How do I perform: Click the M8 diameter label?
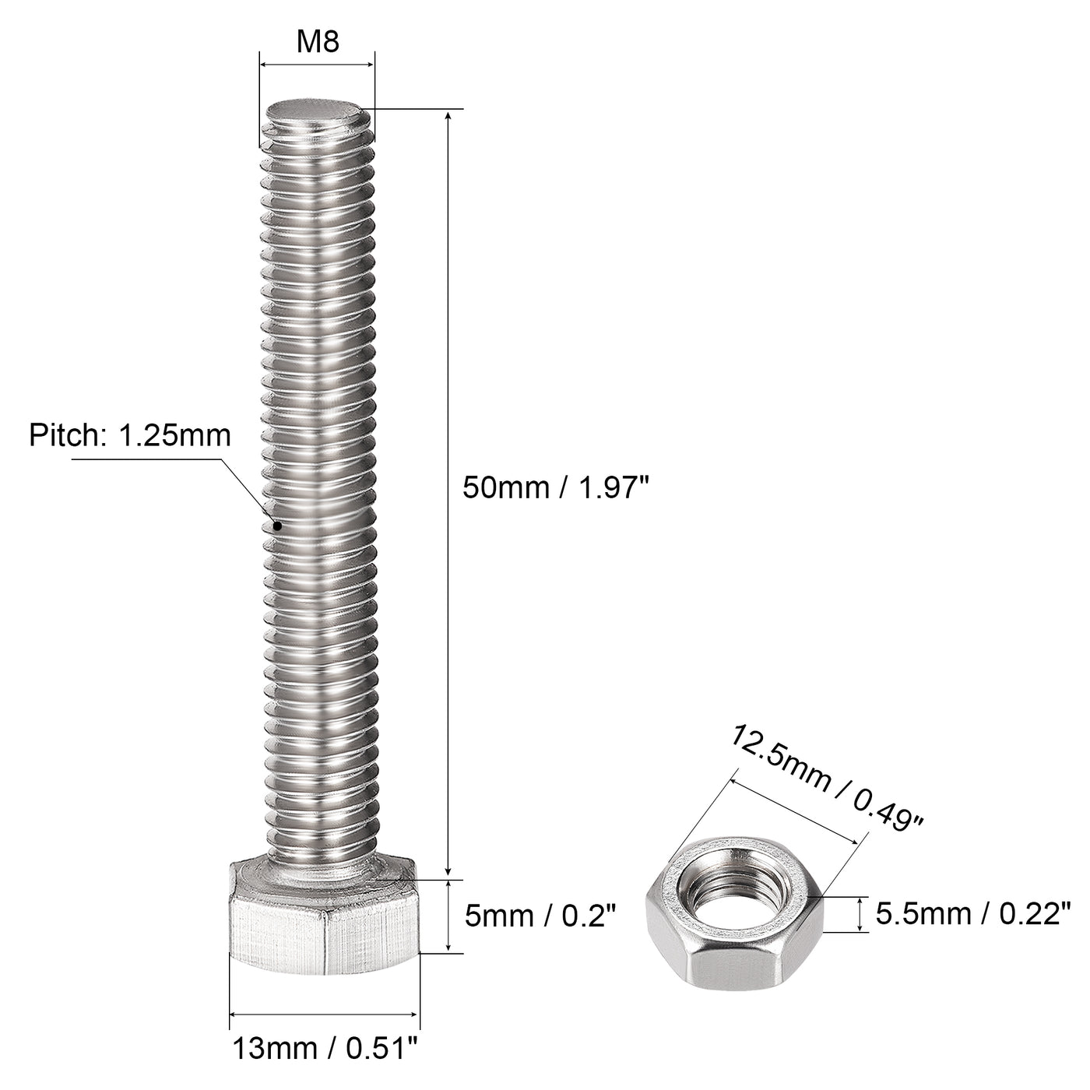click(318, 42)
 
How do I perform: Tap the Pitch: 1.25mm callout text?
click(130, 435)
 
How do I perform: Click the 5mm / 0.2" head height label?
click(540, 916)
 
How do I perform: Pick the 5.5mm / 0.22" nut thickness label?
click(973, 912)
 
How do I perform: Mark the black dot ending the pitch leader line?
click(276, 526)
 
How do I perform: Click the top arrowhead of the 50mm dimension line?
click(448, 116)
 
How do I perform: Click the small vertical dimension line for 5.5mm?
click(860, 914)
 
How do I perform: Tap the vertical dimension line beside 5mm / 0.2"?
click(449, 916)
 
